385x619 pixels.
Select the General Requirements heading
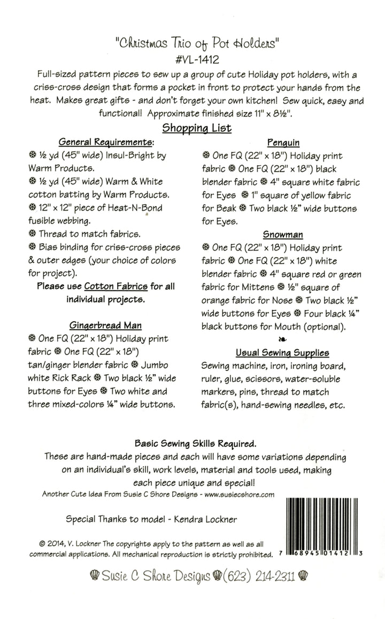(105, 143)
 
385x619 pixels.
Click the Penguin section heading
(283, 143)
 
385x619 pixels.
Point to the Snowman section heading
(283, 234)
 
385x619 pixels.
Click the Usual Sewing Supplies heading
(283, 353)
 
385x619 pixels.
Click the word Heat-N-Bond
(132, 208)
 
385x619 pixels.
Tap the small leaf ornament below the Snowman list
(282, 339)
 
